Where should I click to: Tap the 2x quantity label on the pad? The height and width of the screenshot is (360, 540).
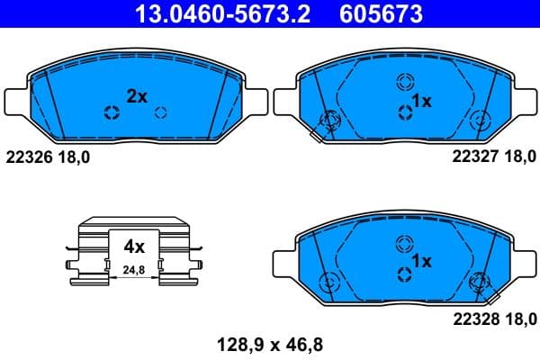[137, 96]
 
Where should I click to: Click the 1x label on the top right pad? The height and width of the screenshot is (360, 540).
[422, 101]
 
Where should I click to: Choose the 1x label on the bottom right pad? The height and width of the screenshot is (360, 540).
[422, 260]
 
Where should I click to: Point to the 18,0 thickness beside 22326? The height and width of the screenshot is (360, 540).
[73, 157]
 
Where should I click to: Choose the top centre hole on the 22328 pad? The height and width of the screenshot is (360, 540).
[402, 243]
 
